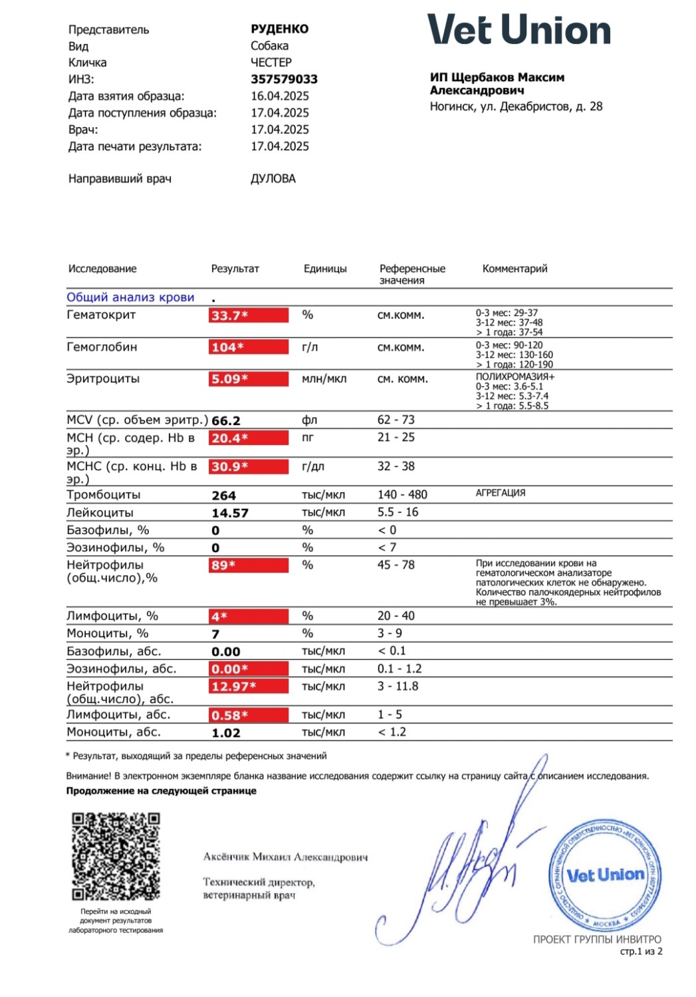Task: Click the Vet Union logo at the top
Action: (519, 30)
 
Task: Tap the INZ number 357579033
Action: (284, 79)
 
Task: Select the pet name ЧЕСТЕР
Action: (271, 63)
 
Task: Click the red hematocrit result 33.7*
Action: (249, 315)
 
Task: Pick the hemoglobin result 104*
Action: (249, 347)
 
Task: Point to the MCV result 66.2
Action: (226, 421)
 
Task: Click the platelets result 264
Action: (224, 496)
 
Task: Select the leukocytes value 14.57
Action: (230, 513)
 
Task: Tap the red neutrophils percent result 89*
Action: (249, 565)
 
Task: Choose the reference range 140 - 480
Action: (402, 495)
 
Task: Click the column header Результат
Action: (235, 269)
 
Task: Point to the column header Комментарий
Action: (515, 269)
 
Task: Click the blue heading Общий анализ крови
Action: (130, 297)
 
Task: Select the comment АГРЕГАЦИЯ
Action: (501, 493)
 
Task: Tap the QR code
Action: (116, 856)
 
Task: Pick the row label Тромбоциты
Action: (104, 495)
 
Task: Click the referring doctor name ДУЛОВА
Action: (273, 179)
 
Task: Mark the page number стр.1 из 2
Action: (641, 952)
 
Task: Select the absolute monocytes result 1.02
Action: (226, 733)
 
